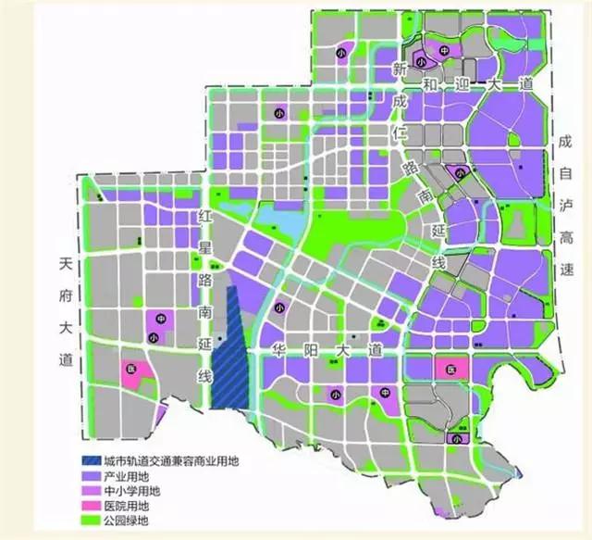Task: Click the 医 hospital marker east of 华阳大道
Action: click(x=451, y=370)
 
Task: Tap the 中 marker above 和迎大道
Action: click(x=445, y=51)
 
